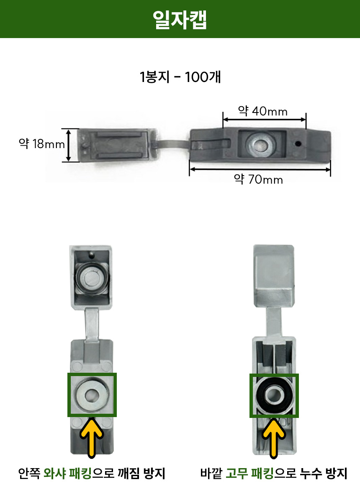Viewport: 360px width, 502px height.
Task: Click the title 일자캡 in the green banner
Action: pyautogui.click(x=180, y=20)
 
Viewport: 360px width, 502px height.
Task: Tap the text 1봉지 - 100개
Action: pyautogui.click(x=180, y=77)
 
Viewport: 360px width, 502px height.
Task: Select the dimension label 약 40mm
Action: pyautogui.click(x=262, y=111)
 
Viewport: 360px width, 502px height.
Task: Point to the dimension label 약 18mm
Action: pyautogui.click(x=42, y=143)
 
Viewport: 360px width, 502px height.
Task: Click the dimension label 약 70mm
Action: pyautogui.click(x=258, y=179)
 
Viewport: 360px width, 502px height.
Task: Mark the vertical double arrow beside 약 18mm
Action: pyautogui.click(x=69, y=145)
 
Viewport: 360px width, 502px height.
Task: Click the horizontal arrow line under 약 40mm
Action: pyautogui.click(x=265, y=120)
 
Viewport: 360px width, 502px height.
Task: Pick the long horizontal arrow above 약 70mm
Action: pyautogui.click(x=260, y=169)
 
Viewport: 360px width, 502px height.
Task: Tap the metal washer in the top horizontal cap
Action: pyautogui.click(x=260, y=143)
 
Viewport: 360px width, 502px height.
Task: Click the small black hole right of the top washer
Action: pyautogui.click(x=298, y=143)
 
